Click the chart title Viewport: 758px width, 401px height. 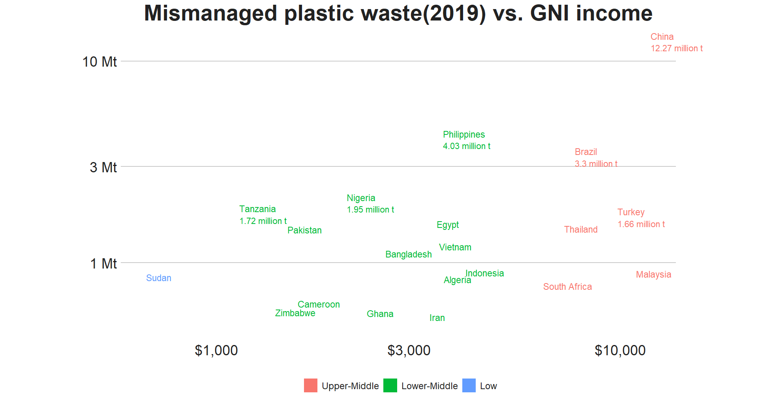pyautogui.click(x=398, y=13)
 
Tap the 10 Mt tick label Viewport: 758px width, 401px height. pyautogui.click(x=99, y=62)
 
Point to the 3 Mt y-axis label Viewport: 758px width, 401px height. pyautogui.click(x=103, y=168)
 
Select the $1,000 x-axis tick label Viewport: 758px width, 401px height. pyautogui.click(x=216, y=351)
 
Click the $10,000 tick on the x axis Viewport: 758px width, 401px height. pyautogui.click(x=620, y=351)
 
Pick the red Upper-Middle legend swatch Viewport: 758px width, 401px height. pyautogui.click(x=311, y=386)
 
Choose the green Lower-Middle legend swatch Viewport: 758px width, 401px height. pyautogui.click(x=390, y=386)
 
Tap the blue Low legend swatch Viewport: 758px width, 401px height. pyautogui.click(x=469, y=386)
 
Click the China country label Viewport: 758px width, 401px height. pyautogui.click(x=662, y=37)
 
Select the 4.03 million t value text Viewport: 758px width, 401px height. pyautogui.click(x=467, y=146)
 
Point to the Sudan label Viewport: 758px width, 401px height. pyautogui.click(x=159, y=278)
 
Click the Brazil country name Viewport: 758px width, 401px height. pyautogui.click(x=586, y=152)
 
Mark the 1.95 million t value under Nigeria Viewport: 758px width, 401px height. pyautogui.click(x=370, y=210)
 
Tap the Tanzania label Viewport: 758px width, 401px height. pyautogui.click(x=257, y=209)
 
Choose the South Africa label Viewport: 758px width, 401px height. pyautogui.click(x=567, y=287)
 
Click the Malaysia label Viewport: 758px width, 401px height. pyautogui.click(x=653, y=275)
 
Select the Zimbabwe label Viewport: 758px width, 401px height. pyautogui.click(x=295, y=313)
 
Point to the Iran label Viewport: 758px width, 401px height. pyautogui.click(x=437, y=318)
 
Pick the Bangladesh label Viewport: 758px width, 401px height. pyautogui.click(x=409, y=255)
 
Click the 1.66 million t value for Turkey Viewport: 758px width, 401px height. pyautogui.click(x=641, y=224)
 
